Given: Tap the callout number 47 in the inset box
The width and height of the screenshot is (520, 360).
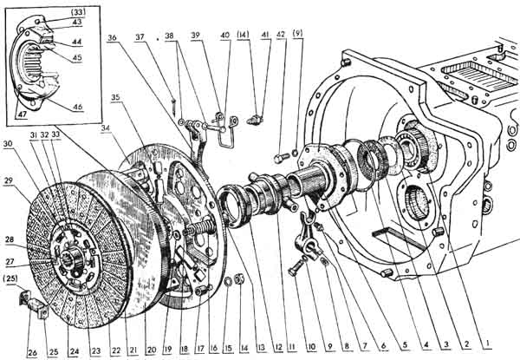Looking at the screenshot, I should click(23, 113).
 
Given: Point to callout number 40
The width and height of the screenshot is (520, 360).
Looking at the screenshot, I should click(225, 36).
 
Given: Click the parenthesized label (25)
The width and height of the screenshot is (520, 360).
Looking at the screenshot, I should click(11, 278).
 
